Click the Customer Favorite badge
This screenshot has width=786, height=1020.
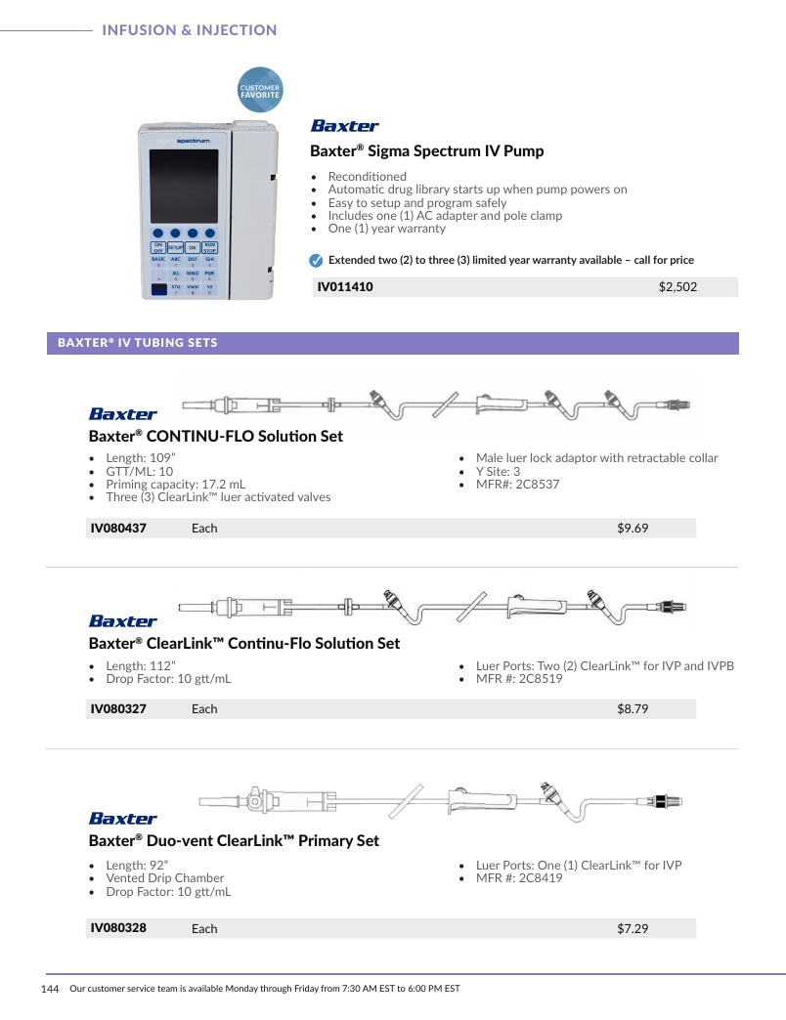[x=260, y=90]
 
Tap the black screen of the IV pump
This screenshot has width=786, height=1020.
[x=184, y=186]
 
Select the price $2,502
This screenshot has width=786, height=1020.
[x=677, y=287]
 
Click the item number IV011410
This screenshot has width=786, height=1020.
[x=345, y=287]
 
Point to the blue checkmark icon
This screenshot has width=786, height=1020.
[x=316, y=261]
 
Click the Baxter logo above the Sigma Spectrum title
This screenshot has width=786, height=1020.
[x=344, y=126]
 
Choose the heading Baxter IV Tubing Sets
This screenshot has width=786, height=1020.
[x=137, y=343]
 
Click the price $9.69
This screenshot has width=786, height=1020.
[x=633, y=529]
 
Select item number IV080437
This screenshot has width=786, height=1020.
[x=118, y=529]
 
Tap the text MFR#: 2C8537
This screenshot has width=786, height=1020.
[x=517, y=484]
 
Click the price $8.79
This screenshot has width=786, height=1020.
[x=633, y=709]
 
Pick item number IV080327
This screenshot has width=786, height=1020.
[x=118, y=709]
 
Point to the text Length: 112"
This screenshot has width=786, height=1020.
[x=141, y=666]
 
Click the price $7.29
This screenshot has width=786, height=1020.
[x=633, y=929]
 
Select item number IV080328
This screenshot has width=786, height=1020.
[x=118, y=928]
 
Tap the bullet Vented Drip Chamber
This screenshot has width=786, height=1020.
[x=164, y=878]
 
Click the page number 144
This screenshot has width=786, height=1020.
[x=50, y=989]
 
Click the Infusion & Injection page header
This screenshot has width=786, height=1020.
[x=190, y=30]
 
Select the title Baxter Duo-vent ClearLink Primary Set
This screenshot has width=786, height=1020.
[x=234, y=840]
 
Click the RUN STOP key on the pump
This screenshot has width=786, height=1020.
[x=209, y=247]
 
